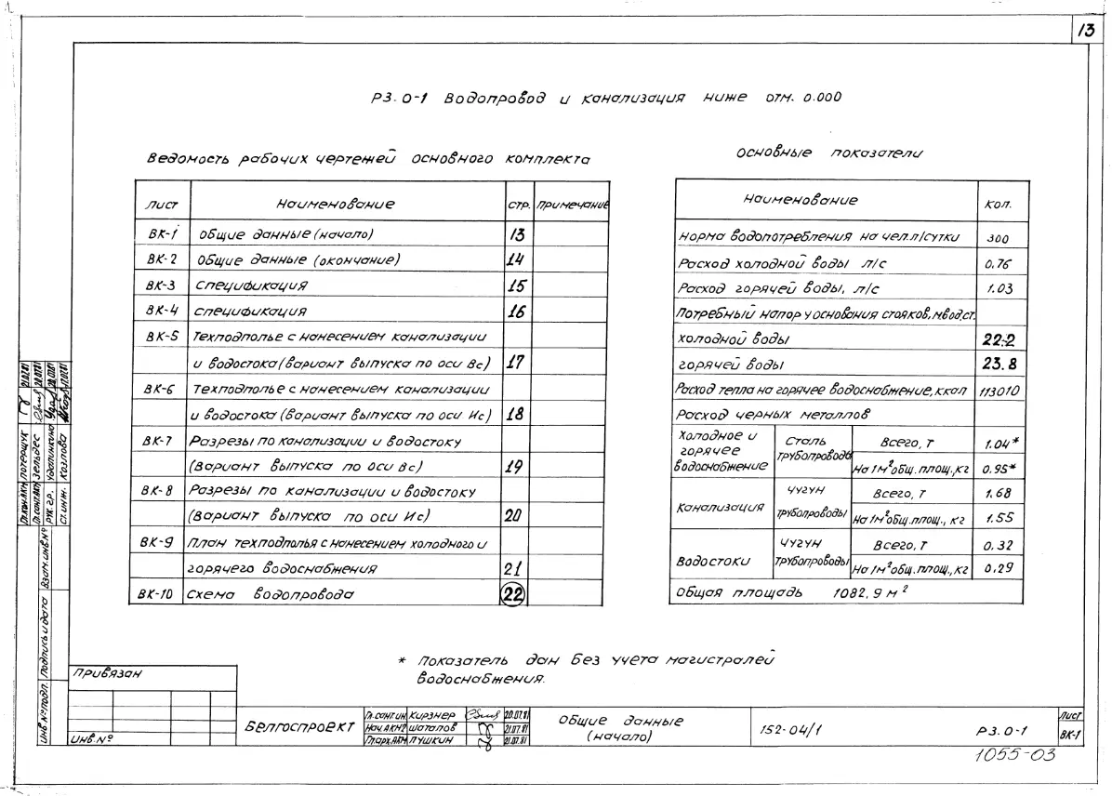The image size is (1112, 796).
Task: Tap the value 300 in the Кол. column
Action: (998, 238)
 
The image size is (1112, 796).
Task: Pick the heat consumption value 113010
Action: (999, 391)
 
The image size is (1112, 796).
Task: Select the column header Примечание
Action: (573, 204)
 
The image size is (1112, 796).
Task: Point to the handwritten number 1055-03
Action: (1015, 755)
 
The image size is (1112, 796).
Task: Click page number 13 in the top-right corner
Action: (1085, 30)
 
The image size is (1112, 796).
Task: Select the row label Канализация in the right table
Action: (719, 508)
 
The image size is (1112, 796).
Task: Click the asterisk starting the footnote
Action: (402, 660)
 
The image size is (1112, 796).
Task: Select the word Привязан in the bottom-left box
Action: (103, 674)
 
